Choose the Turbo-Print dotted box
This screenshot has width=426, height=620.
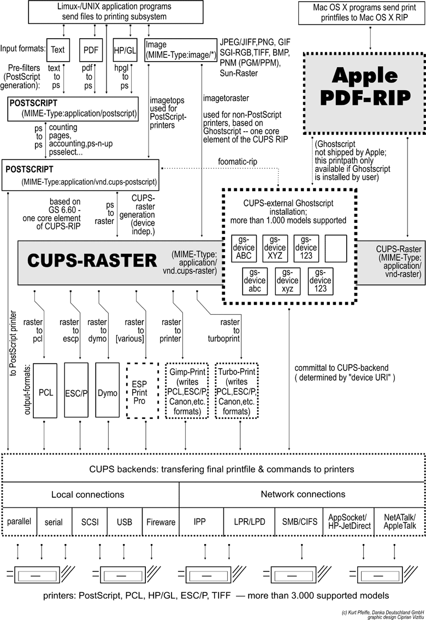236,391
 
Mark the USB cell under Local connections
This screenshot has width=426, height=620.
125,521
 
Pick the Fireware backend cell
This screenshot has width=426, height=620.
161,521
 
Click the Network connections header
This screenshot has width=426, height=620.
303,494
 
